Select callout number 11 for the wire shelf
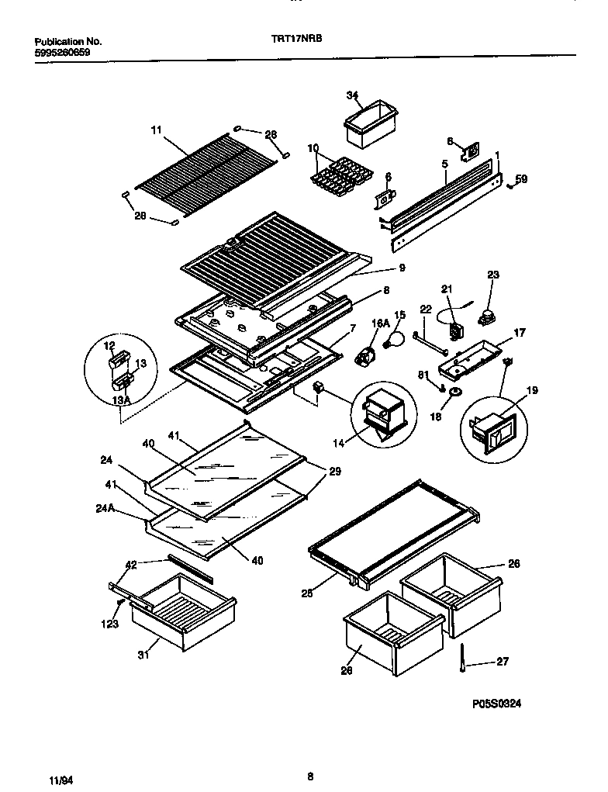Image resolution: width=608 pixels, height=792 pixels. pyautogui.click(x=156, y=131)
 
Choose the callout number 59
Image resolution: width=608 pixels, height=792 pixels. pyautogui.click(x=521, y=179)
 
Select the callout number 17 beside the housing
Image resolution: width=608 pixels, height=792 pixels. pyautogui.click(x=520, y=333)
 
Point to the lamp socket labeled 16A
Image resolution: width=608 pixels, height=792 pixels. pyautogui.click(x=364, y=356)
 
